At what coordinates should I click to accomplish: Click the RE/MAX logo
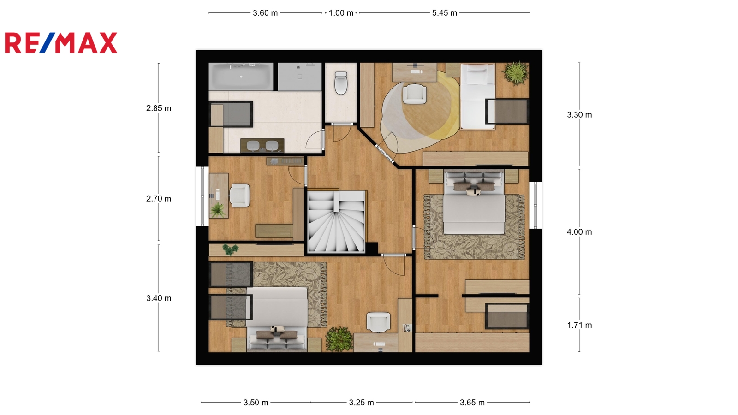point(61,43)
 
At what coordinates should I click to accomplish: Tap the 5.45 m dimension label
point(445,13)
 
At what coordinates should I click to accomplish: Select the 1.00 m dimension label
point(341,13)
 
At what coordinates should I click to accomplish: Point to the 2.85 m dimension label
point(159,108)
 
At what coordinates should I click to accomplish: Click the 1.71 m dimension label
point(579,325)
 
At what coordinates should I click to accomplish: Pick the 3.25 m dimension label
point(362,403)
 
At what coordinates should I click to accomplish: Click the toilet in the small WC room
point(341,83)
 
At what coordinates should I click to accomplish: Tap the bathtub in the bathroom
point(241,77)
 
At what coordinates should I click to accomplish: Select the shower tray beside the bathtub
point(299,77)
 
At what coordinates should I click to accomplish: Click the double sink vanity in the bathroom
point(262,146)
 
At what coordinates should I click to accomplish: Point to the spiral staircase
point(336,222)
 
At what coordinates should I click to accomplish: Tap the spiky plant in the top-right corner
point(516,73)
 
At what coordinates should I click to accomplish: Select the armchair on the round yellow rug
point(415,94)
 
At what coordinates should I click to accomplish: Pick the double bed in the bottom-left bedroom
point(277,319)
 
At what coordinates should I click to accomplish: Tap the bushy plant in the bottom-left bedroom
point(339,339)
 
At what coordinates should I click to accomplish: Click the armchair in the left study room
point(239,196)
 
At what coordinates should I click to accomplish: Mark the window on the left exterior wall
point(202,196)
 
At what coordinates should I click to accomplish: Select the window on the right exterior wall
point(536,205)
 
